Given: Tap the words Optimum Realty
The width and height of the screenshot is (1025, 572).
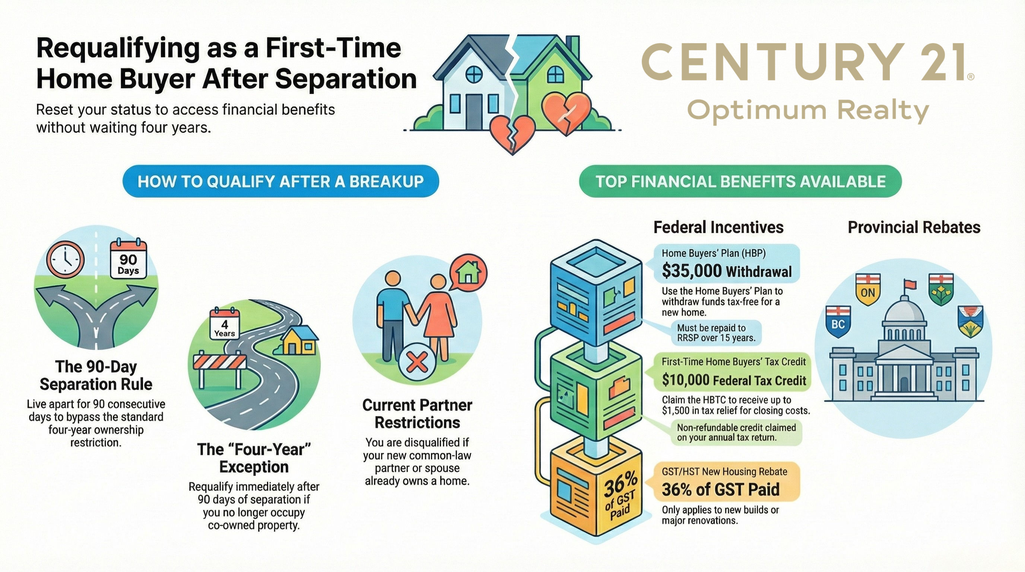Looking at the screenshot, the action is pos(808,111).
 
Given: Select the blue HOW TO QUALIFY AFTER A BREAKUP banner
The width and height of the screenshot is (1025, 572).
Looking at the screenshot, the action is pos(280,181).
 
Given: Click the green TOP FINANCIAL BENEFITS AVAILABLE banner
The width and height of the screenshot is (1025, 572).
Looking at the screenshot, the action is pos(740,181).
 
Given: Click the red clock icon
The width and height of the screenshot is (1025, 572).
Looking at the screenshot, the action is pos(66,259).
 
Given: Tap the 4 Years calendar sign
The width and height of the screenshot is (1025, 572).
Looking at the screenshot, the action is pos(225,323).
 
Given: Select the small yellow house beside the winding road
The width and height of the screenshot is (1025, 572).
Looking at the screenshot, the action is pos(299,341).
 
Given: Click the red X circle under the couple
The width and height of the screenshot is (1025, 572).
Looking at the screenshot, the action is pos(417,362).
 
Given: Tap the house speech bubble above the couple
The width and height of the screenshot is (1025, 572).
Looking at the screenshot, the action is pos(468,273).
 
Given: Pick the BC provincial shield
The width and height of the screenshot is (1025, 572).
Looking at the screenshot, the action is pos(838,322).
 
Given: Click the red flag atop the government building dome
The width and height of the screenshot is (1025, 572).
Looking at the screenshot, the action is pos(910,284).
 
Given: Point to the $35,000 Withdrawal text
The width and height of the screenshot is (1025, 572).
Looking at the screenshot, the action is pos(727,271).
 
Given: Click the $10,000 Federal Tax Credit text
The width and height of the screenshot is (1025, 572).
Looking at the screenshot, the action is pos(734,380).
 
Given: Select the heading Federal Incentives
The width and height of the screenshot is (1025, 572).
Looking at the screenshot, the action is pos(718,227).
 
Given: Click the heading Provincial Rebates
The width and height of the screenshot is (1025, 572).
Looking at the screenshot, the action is pos(914,227).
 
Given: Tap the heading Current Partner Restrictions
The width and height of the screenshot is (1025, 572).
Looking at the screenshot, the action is pos(417,414).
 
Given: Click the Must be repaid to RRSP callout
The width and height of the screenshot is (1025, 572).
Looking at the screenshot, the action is pos(716,333).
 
